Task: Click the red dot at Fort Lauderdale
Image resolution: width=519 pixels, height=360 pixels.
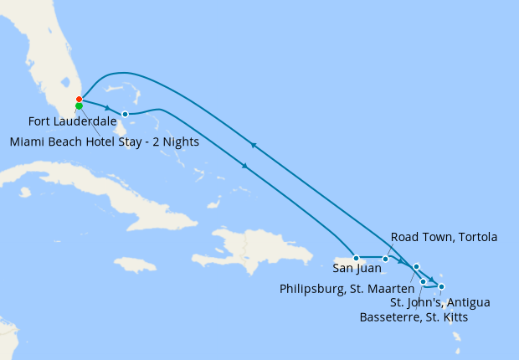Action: pos(79,100)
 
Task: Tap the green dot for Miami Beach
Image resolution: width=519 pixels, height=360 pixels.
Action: pos(79,106)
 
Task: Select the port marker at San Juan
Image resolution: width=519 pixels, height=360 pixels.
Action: pos(357,258)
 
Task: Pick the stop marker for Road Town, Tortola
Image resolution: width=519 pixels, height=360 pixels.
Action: pos(385,259)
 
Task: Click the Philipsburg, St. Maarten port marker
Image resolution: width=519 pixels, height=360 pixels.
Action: pos(416,266)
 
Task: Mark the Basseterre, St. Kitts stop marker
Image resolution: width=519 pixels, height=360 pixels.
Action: pos(424,281)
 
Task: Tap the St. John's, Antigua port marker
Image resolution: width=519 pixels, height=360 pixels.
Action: pos(441,286)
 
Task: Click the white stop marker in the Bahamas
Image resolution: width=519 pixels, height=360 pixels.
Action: pos(125,114)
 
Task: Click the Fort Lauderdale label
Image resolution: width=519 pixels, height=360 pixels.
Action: pos(73,122)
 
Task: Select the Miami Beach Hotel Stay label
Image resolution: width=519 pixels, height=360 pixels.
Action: pos(105,141)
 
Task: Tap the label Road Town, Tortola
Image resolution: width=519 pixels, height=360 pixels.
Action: pos(444,237)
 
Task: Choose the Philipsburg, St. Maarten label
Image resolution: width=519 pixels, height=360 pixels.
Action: pos(347,289)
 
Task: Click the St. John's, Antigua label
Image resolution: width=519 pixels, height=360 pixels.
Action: pos(440,302)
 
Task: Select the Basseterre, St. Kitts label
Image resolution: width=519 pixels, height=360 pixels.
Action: pos(414,317)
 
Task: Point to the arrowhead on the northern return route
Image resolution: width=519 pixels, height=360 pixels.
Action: pos(253,146)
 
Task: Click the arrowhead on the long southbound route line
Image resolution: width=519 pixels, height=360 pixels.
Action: pos(244,167)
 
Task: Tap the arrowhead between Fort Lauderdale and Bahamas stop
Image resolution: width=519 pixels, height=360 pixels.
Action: pos(108,106)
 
